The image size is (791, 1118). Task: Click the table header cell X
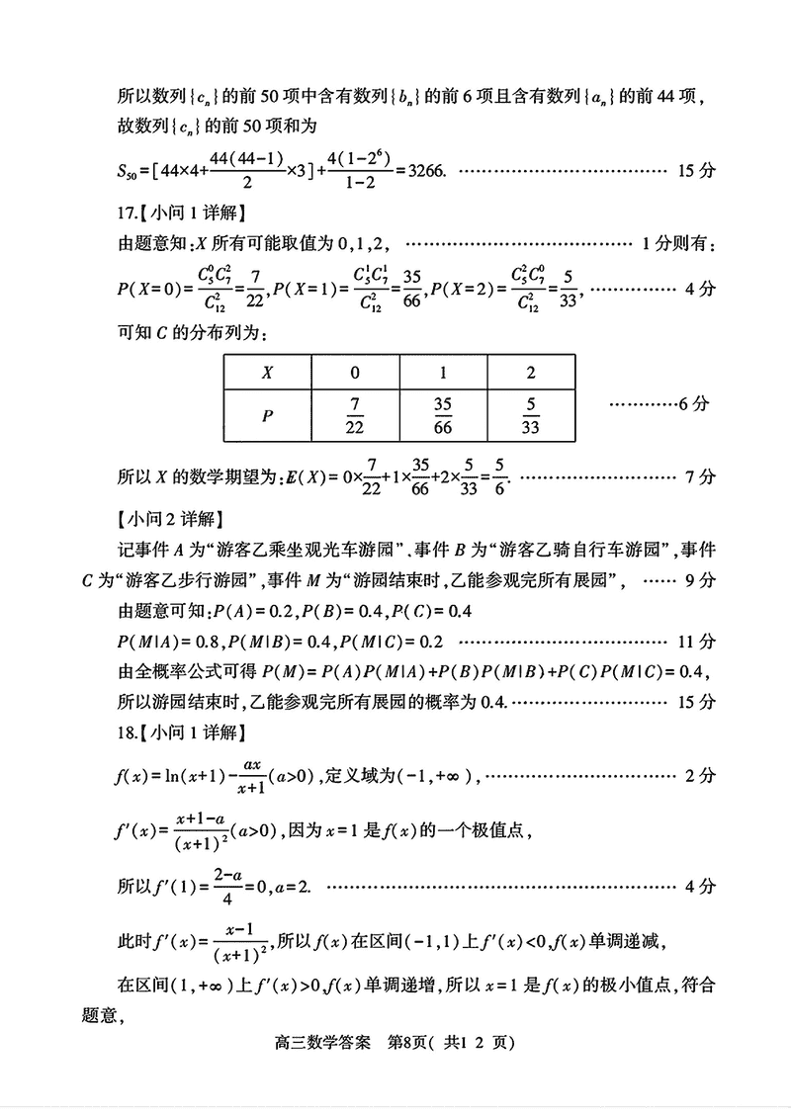[267, 375]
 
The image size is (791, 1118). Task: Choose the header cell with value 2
[532, 375]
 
